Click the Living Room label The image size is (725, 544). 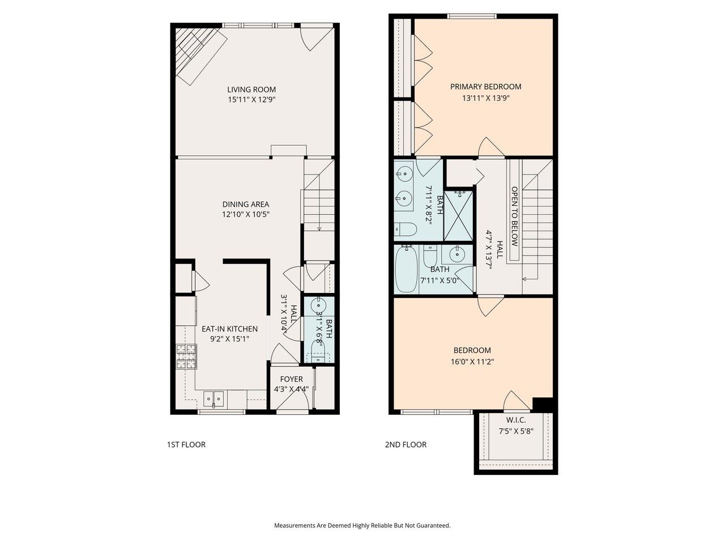(x=251, y=90)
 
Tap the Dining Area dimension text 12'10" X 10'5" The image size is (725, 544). (x=245, y=215)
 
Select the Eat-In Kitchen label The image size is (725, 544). (x=229, y=329)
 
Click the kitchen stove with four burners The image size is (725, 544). (x=186, y=356)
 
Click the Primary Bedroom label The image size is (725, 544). (x=485, y=87)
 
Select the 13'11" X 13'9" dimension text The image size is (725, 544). (x=485, y=98)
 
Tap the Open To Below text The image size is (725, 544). (x=514, y=216)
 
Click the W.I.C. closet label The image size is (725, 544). (x=515, y=420)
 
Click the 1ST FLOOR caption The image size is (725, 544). (x=186, y=445)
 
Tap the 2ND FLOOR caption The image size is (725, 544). (x=406, y=445)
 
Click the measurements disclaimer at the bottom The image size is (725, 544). (x=362, y=526)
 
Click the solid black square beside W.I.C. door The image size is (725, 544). (x=543, y=404)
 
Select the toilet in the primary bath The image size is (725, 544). (x=406, y=229)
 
